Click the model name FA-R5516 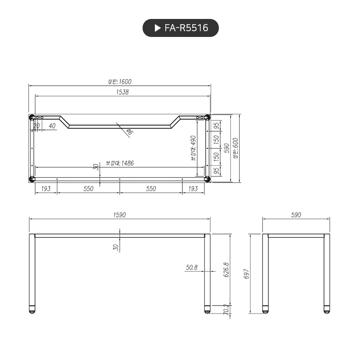coord(186,28)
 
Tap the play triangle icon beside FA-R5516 coord(158,28)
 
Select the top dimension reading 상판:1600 coord(120,82)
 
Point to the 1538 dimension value coord(122,92)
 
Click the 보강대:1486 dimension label coord(120,163)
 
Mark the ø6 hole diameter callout coord(129,132)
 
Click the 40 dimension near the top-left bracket coord(52,126)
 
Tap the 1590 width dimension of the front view coord(120,215)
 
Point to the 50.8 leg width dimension coord(191,268)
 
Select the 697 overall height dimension coord(246,274)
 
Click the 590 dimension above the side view coord(296,215)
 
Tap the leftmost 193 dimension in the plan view coord(46,189)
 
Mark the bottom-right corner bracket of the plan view coord(207,179)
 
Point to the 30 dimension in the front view coord(115,247)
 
